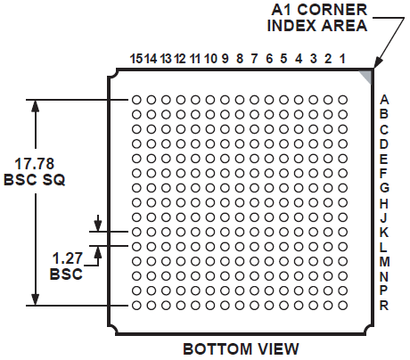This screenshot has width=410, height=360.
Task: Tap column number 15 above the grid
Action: [x=136, y=59]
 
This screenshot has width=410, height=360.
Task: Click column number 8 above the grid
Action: [x=240, y=59]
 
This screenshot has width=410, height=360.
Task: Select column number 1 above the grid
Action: [x=342, y=59]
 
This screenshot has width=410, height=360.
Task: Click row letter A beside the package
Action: [x=384, y=100]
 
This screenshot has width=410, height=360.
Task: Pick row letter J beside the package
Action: [x=383, y=217]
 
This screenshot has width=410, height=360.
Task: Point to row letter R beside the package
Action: [x=384, y=305]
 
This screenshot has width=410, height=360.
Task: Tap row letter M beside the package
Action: [x=385, y=262]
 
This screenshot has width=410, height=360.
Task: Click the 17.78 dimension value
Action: [x=35, y=164]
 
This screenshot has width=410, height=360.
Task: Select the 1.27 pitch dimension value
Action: [x=68, y=258]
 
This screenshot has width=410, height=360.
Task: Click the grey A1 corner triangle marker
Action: [x=367, y=75]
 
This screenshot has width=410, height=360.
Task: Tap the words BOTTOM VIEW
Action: [x=241, y=348]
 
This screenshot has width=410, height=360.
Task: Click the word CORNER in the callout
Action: [x=332, y=10]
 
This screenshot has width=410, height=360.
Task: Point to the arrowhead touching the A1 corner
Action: [x=377, y=63]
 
